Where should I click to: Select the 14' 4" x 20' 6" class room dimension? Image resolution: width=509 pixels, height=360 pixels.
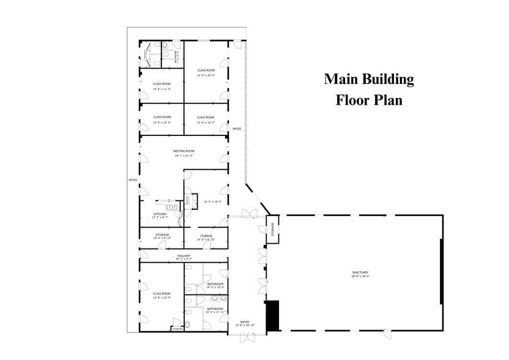pyautogui.click(x=206, y=75)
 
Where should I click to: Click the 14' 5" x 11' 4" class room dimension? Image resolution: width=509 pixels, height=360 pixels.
pyautogui.click(x=162, y=89)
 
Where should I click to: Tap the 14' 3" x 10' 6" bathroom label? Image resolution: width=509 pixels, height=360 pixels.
pyautogui.click(x=215, y=287)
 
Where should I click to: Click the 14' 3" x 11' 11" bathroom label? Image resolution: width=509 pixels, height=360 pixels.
pyautogui.click(x=215, y=312)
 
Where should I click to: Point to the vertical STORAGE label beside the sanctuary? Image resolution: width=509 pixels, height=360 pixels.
pyautogui.click(x=273, y=228)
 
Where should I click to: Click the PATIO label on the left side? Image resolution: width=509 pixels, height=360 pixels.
pyautogui.click(x=132, y=180)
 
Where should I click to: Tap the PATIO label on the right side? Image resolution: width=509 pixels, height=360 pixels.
pyautogui.click(x=237, y=129)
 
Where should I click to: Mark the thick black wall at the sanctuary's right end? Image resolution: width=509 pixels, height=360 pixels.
pyautogui.click(x=441, y=271)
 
